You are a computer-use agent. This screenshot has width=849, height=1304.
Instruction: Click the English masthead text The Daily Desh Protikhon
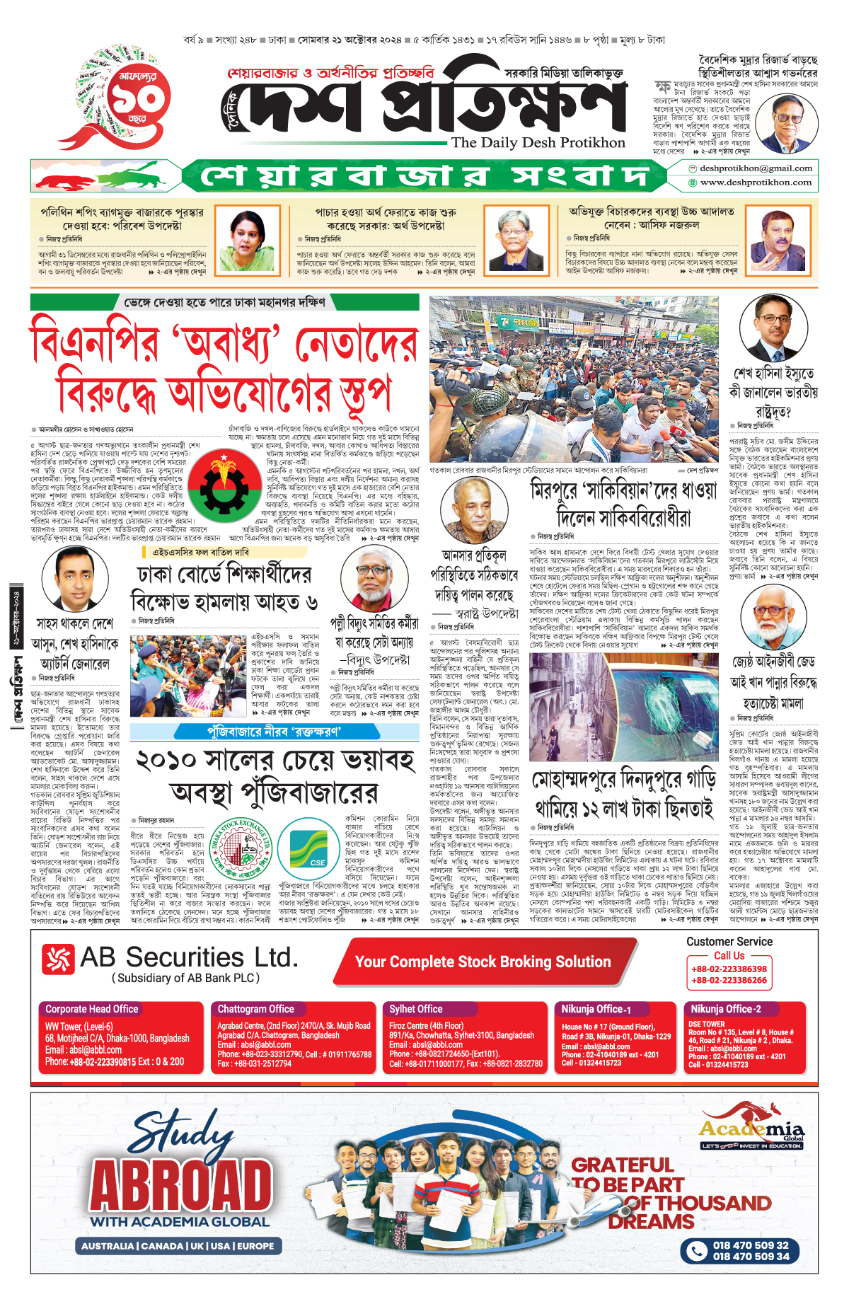coord(538,142)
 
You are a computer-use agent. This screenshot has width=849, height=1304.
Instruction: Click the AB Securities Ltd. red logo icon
coord(58,959)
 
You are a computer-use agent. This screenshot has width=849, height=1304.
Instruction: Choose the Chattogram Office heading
coord(255,1009)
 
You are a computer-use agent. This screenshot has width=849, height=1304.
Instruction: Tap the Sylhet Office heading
coord(415,1009)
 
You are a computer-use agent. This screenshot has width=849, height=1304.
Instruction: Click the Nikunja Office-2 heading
coord(726,1009)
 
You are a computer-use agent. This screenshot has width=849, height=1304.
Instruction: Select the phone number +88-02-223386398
coord(729,969)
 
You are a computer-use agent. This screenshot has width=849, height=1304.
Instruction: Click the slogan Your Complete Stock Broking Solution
coord(483,962)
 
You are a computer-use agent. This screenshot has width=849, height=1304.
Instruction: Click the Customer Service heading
coord(729,942)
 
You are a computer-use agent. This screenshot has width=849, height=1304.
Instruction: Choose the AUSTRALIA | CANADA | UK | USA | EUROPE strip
coord(178,1246)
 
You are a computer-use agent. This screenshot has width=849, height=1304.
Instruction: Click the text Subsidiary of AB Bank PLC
coord(185,978)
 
